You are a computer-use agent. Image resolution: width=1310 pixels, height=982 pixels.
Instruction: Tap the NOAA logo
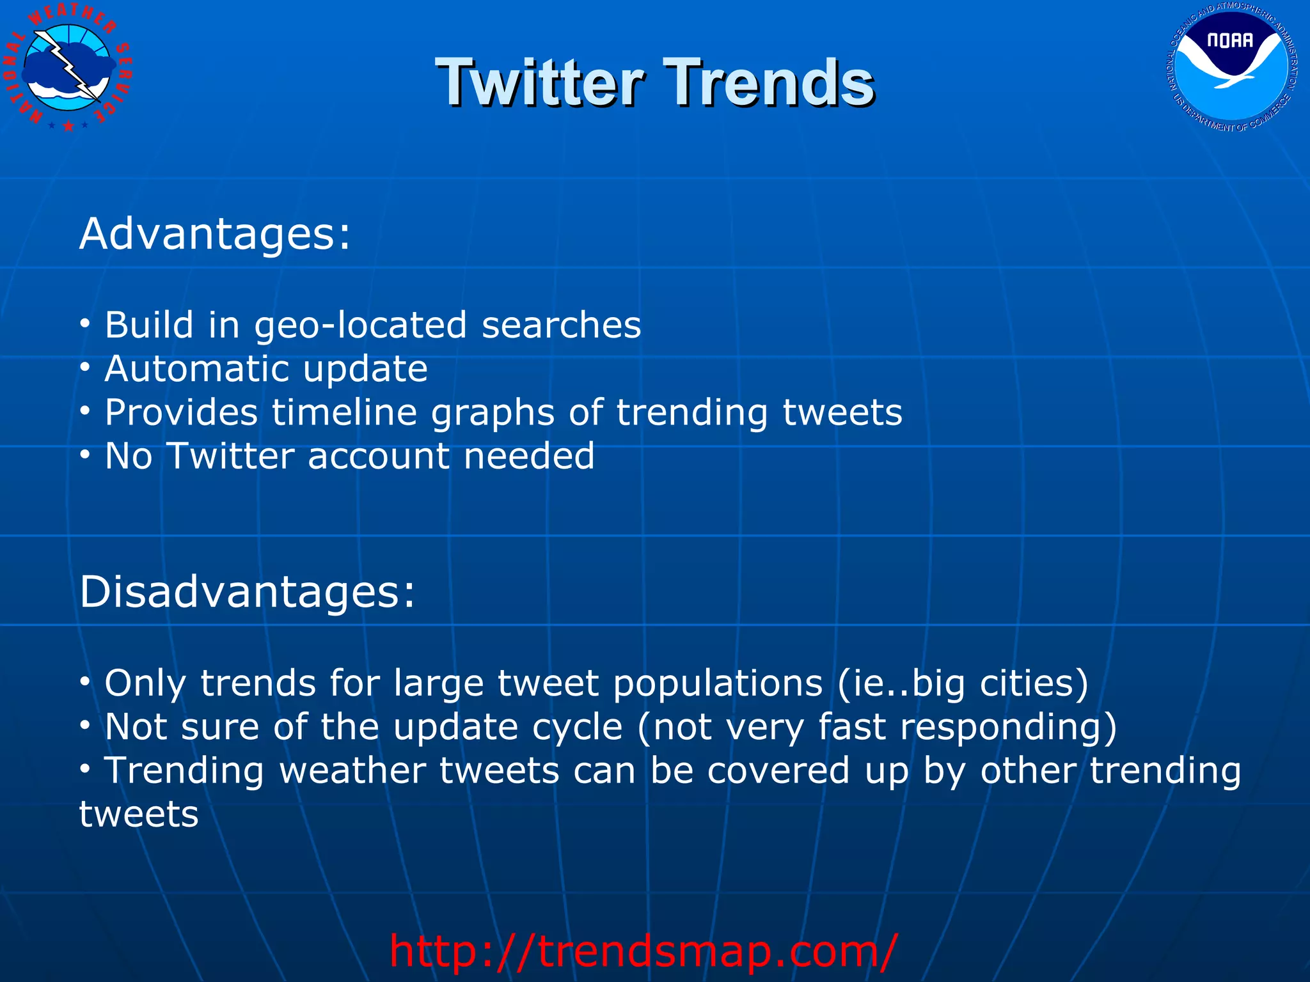(1231, 67)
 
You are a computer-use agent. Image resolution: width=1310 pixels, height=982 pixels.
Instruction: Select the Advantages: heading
(215, 234)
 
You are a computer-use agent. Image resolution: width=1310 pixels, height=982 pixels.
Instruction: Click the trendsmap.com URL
(643, 951)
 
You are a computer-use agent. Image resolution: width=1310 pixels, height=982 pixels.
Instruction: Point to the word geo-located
(360, 325)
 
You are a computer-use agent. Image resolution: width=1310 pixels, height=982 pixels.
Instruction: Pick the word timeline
(344, 412)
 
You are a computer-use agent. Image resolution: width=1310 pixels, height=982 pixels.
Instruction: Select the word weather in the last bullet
(352, 770)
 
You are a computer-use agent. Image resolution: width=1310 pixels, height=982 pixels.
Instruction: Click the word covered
(778, 770)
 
